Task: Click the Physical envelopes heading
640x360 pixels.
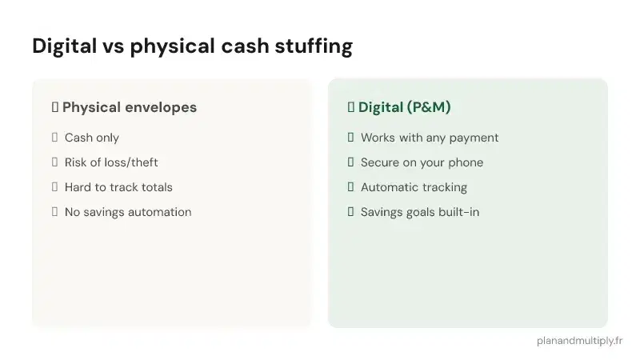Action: pos(129,107)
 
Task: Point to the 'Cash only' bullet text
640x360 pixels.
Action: pos(92,138)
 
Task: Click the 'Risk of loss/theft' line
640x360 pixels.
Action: pos(111,162)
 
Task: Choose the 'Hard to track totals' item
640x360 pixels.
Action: pos(118,187)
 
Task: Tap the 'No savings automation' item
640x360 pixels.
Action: pos(128,212)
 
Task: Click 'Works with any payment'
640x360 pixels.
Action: pos(430,138)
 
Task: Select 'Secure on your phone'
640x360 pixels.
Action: pos(422,162)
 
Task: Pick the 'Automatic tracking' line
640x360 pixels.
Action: pos(414,187)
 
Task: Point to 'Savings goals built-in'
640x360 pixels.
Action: pos(420,212)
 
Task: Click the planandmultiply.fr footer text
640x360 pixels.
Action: pos(580,340)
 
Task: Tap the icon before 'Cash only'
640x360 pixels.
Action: pos(54,138)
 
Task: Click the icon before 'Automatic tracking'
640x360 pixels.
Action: pos(350,187)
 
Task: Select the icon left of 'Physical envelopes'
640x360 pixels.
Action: pos(54,107)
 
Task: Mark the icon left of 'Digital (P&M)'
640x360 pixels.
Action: pos(350,107)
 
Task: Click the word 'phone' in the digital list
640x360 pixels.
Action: pos(466,162)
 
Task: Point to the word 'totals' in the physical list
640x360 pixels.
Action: pos(155,187)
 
